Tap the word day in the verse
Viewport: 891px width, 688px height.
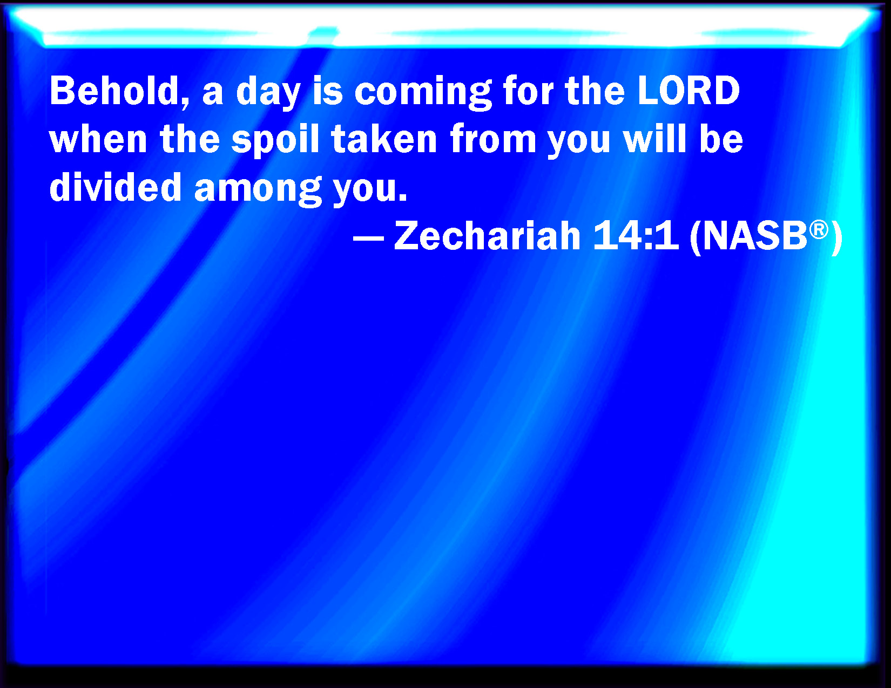pyautogui.click(x=268, y=93)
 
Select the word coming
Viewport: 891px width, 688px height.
pyautogui.click(x=423, y=93)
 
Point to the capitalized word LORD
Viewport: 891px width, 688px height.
pyautogui.click(x=689, y=91)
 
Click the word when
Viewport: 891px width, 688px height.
pyautogui.click(x=98, y=139)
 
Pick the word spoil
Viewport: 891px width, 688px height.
pyautogui.click(x=275, y=141)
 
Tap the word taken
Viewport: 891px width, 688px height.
pyautogui.click(x=384, y=139)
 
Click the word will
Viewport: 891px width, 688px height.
pyautogui.click(x=654, y=139)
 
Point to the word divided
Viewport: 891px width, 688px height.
pyautogui.click(x=115, y=187)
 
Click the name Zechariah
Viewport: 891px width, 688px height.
pyautogui.click(x=487, y=236)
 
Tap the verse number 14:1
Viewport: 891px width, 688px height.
pyautogui.click(x=636, y=236)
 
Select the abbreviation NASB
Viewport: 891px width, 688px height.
pyautogui.click(x=755, y=236)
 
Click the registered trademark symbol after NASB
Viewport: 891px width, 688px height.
pyautogui.click(x=819, y=229)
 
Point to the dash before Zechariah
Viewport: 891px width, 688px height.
pyautogui.click(x=368, y=237)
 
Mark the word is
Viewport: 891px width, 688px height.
pyautogui.click(x=327, y=91)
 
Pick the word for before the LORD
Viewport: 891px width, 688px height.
pyautogui.click(x=528, y=91)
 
